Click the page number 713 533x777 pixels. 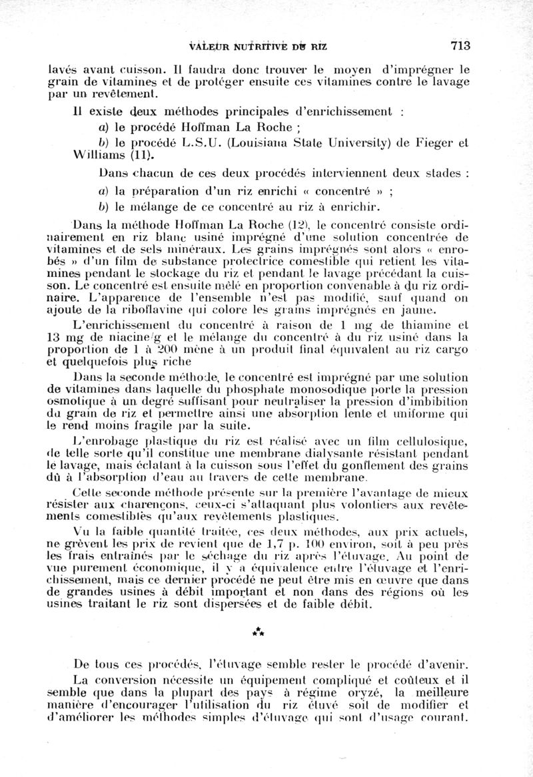click(460, 45)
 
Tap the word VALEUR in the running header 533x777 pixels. click(191, 46)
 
